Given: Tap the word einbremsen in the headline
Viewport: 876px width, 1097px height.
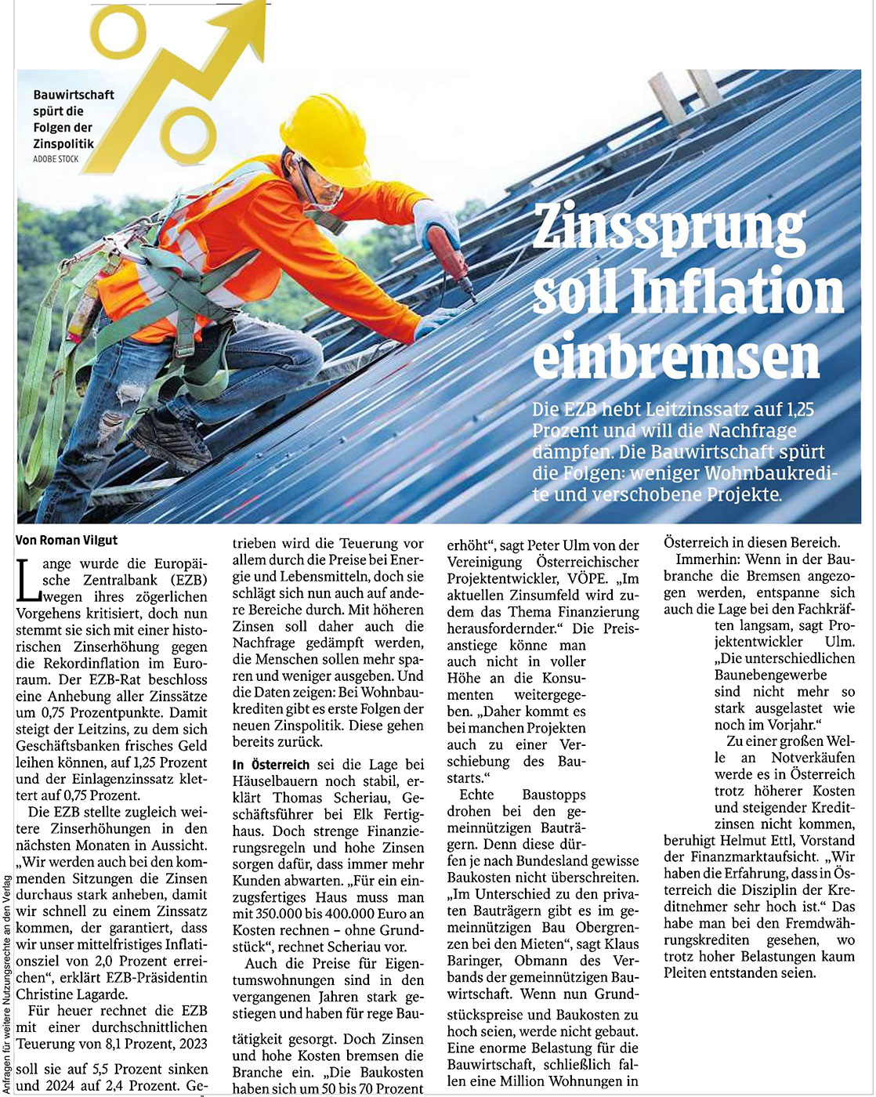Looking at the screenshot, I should (675, 357).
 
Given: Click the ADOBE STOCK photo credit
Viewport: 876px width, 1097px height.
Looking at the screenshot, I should (56, 159).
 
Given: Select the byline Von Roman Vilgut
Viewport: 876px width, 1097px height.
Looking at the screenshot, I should (67, 539).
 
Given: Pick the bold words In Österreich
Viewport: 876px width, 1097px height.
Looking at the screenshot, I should (270, 764).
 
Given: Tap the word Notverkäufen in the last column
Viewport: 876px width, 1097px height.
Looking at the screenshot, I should (813, 758).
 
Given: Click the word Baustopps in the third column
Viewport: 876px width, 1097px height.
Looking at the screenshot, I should (554, 795).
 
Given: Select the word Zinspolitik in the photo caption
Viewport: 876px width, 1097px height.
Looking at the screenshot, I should (63, 143).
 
